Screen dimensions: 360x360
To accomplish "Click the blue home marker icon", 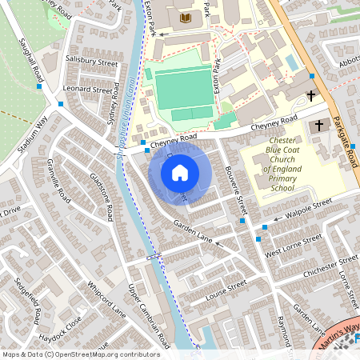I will [x=180, y=173].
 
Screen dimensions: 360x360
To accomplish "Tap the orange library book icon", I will [x=187, y=17].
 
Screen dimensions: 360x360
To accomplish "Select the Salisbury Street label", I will [x=91, y=62].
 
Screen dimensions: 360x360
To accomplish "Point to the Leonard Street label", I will [x=89, y=90].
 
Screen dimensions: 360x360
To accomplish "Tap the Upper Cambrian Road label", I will [x=148, y=316].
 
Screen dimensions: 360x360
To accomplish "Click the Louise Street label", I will [x=226, y=289].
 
